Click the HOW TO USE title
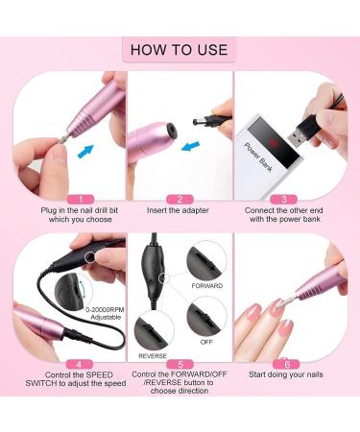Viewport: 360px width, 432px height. [x=180, y=50]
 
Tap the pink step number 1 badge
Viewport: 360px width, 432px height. [x=81, y=200]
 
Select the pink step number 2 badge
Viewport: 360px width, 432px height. [x=180, y=200]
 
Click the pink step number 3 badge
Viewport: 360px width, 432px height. [x=284, y=200]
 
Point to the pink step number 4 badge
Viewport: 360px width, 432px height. [x=80, y=364]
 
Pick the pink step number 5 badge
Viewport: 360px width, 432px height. [x=180, y=364]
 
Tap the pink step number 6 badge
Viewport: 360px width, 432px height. [x=286, y=364]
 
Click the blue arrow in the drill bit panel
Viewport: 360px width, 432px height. [x=85, y=152]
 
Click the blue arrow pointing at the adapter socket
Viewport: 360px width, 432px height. [x=190, y=147]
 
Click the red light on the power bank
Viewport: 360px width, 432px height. [x=273, y=141]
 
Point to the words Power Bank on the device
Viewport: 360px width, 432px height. [x=258, y=157]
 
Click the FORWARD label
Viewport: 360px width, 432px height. [x=207, y=286]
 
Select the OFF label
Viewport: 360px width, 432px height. [x=206, y=342]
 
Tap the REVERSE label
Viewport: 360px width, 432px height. [x=153, y=356]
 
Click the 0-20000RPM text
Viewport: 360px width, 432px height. [x=105, y=310]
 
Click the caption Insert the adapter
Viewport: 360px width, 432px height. [x=178, y=210]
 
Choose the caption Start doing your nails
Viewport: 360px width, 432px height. [x=286, y=374]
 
